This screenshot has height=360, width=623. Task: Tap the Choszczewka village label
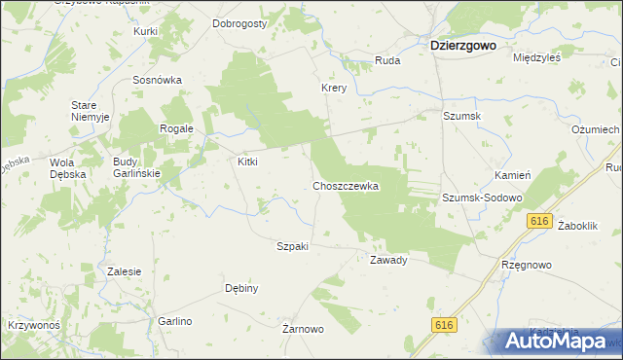(x=345, y=185)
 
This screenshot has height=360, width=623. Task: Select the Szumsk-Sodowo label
(x=483, y=197)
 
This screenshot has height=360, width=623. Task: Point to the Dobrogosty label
(x=239, y=23)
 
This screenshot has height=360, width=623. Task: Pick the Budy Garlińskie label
(x=136, y=167)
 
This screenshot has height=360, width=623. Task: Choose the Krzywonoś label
(x=34, y=324)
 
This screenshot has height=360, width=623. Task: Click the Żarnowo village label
(x=303, y=329)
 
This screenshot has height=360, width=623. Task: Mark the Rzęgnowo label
(x=527, y=264)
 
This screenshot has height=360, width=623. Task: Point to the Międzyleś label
(x=536, y=57)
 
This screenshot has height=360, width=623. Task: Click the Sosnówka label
(x=158, y=80)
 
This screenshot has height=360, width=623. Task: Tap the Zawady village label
(x=387, y=260)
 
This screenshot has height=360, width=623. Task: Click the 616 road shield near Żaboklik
(x=541, y=222)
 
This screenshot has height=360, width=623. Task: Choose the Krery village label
(x=335, y=88)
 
